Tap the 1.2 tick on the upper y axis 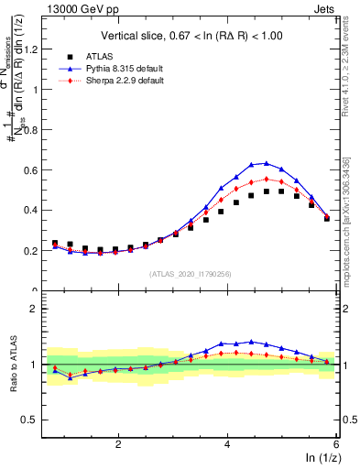[35, 49]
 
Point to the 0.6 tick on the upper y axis [35, 170]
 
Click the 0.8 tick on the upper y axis [35, 130]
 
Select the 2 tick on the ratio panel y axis [38, 309]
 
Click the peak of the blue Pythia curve [266, 163]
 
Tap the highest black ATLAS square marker [266, 191]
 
